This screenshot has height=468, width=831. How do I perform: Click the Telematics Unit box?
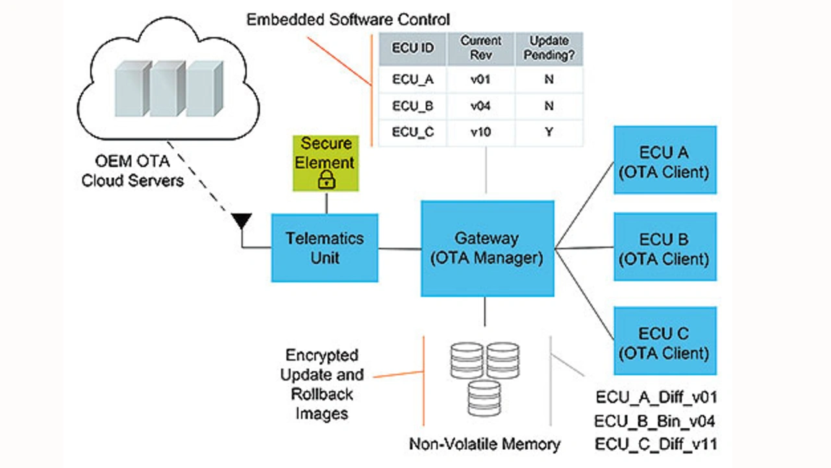[325, 248]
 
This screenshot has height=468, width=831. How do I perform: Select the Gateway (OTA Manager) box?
[487, 248]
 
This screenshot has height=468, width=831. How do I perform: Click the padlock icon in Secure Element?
[326, 181]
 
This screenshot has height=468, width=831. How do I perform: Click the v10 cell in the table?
[481, 132]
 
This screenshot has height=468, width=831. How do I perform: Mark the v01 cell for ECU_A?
[481, 80]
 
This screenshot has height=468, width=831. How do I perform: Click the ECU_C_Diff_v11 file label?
[655, 445]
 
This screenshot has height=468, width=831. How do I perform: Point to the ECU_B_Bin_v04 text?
[655, 421]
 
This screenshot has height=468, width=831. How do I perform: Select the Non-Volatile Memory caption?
[484, 444]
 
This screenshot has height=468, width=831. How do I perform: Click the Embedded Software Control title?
[348, 19]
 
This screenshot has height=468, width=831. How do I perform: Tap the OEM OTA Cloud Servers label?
[132, 170]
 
